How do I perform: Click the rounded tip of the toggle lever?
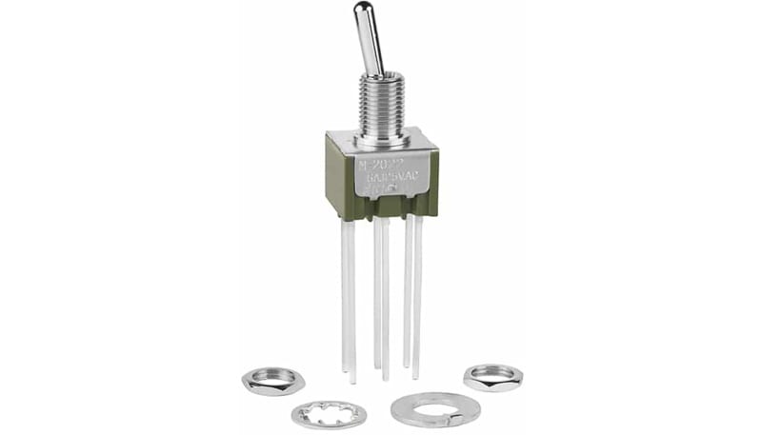tap(363, 10)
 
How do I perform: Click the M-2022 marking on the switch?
tap(377, 164)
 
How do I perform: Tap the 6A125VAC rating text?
tap(386, 176)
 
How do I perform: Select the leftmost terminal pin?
tap(348, 295)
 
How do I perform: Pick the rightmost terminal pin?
tap(416, 295)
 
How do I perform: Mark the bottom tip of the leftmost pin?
tap(351, 378)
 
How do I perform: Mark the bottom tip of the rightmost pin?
tap(416, 376)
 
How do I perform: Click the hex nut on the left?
tap(273, 381)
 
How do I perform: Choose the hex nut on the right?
tap(492, 376)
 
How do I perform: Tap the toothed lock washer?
tap(329, 414)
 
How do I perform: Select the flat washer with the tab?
tap(434, 410)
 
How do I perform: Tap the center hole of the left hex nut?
tap(273, 378)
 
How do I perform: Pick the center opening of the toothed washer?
tap(329, 414)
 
